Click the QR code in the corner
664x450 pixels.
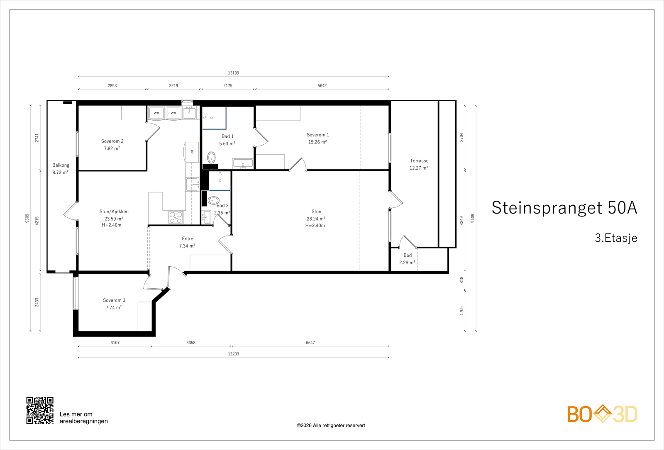coord(40,410)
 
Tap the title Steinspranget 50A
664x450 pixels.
coord(564,207)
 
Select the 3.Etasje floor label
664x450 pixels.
coord(616,238)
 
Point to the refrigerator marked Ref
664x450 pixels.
coord(192,152)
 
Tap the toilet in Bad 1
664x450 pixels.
coord(211,158)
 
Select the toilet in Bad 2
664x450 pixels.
coord(213,201)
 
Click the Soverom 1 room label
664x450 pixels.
coord(317,135)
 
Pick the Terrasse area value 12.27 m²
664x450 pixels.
coord(419,168)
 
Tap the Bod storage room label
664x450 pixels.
coord(407,255)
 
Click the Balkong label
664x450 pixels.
coord(61,165)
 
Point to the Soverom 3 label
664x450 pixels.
coord(114,300)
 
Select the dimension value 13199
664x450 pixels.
coord(233,73)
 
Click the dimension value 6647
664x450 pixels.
coord(310,343)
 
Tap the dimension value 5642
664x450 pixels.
coord(322,85)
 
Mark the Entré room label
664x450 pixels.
coord(187,238)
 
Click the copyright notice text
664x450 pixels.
coord(331,426)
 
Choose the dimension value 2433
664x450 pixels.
coord(37,302)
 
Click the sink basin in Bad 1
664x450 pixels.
coord(243,163)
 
